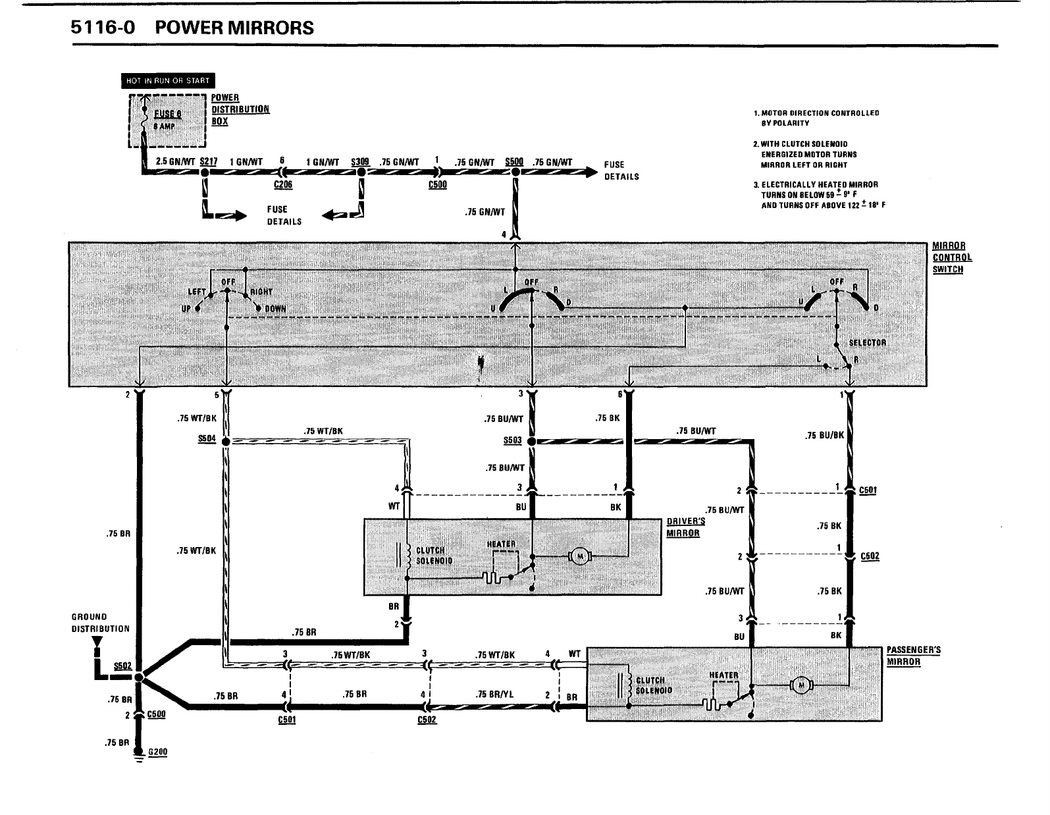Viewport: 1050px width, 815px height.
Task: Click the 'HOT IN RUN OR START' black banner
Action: [x=168, y=81]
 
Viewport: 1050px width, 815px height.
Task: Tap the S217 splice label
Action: [x=208, y=162]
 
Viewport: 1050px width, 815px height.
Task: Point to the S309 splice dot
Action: [x=361, y=172]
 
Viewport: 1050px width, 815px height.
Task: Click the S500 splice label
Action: [x=513, y=162]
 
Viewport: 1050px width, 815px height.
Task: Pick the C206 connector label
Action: [x=283, y=185]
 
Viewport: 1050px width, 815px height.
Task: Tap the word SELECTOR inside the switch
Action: [x=867, y=342]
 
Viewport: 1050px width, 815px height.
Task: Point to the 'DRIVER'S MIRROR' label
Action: [x=685, y=527]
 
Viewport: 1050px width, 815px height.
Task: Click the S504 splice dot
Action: [x=226, y=440]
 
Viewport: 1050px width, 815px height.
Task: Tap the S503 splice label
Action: [x=512, y=440]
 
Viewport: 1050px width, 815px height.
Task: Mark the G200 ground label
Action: [x=158, y=752]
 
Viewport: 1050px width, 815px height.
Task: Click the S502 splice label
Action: [x=122, y=666]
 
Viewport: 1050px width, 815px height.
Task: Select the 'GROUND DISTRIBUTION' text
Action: [x=100, y=622]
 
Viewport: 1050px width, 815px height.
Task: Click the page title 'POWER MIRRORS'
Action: [x=235, y=28]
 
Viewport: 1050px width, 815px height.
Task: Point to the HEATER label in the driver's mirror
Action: [x=501, y=544]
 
